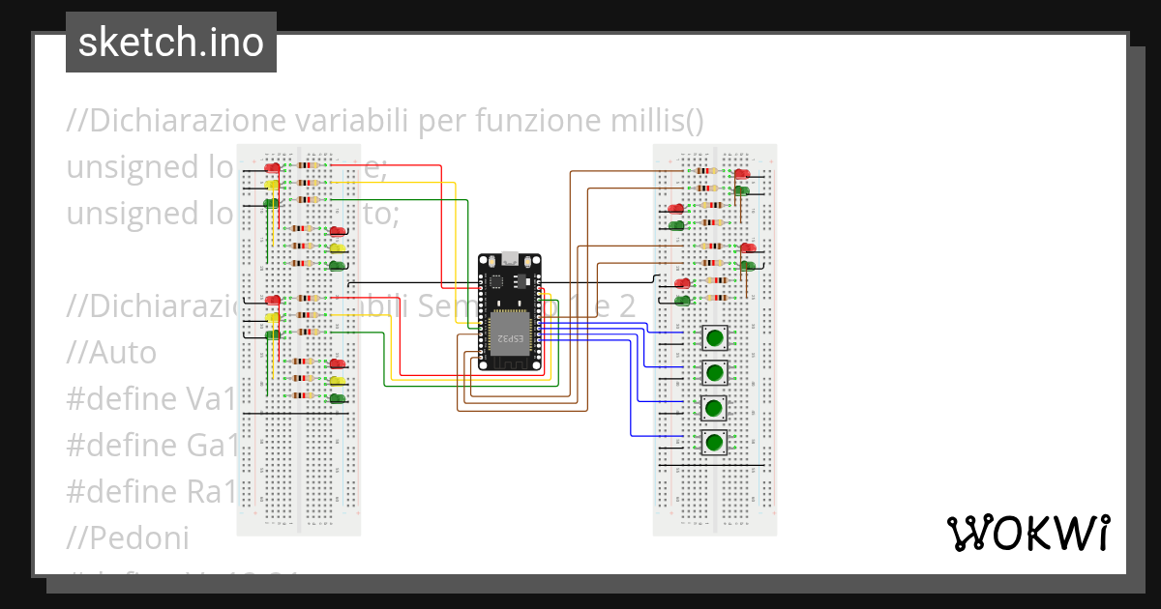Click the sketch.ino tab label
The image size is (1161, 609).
click(x=171, y=43)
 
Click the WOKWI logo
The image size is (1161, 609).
click(x=1027, y=533)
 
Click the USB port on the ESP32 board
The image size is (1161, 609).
click(x=509, y=260)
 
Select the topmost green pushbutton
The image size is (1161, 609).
click(x=714, y=337)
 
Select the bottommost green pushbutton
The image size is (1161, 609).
click(x=714, y=443)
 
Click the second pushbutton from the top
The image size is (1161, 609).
click(x=714, y=372)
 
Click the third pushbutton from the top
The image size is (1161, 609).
click(x=714, y=407)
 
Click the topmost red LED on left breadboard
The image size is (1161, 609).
click(x=273, y=168)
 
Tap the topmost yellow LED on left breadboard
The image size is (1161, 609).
click(x=273, y=186)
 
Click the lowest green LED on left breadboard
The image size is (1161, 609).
click(x=338, y=398)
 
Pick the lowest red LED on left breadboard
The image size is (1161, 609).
click(x=338, y=363)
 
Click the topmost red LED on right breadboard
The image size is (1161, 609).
click(x=742, y=174)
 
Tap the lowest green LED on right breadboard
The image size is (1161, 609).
click(x=684, y=301)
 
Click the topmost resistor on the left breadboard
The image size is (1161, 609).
click(x=309, y=166)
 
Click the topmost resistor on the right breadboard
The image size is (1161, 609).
click(x=706, y=171)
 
